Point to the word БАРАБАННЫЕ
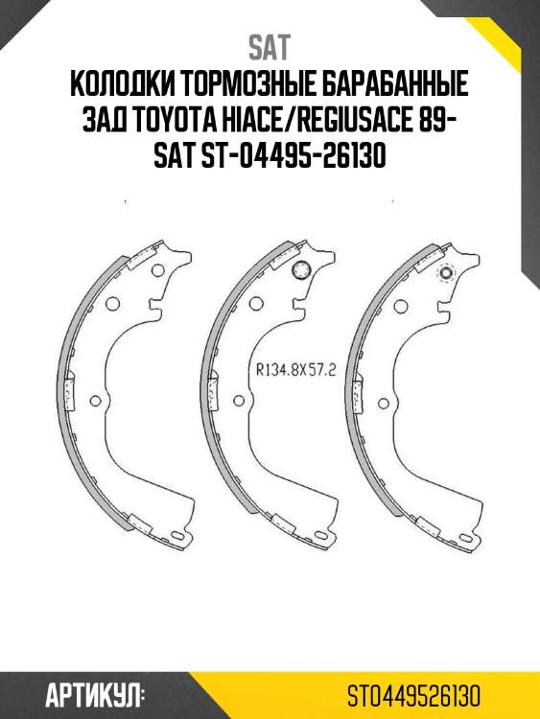tap(399, 86)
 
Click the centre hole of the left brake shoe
tap(113, 305)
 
